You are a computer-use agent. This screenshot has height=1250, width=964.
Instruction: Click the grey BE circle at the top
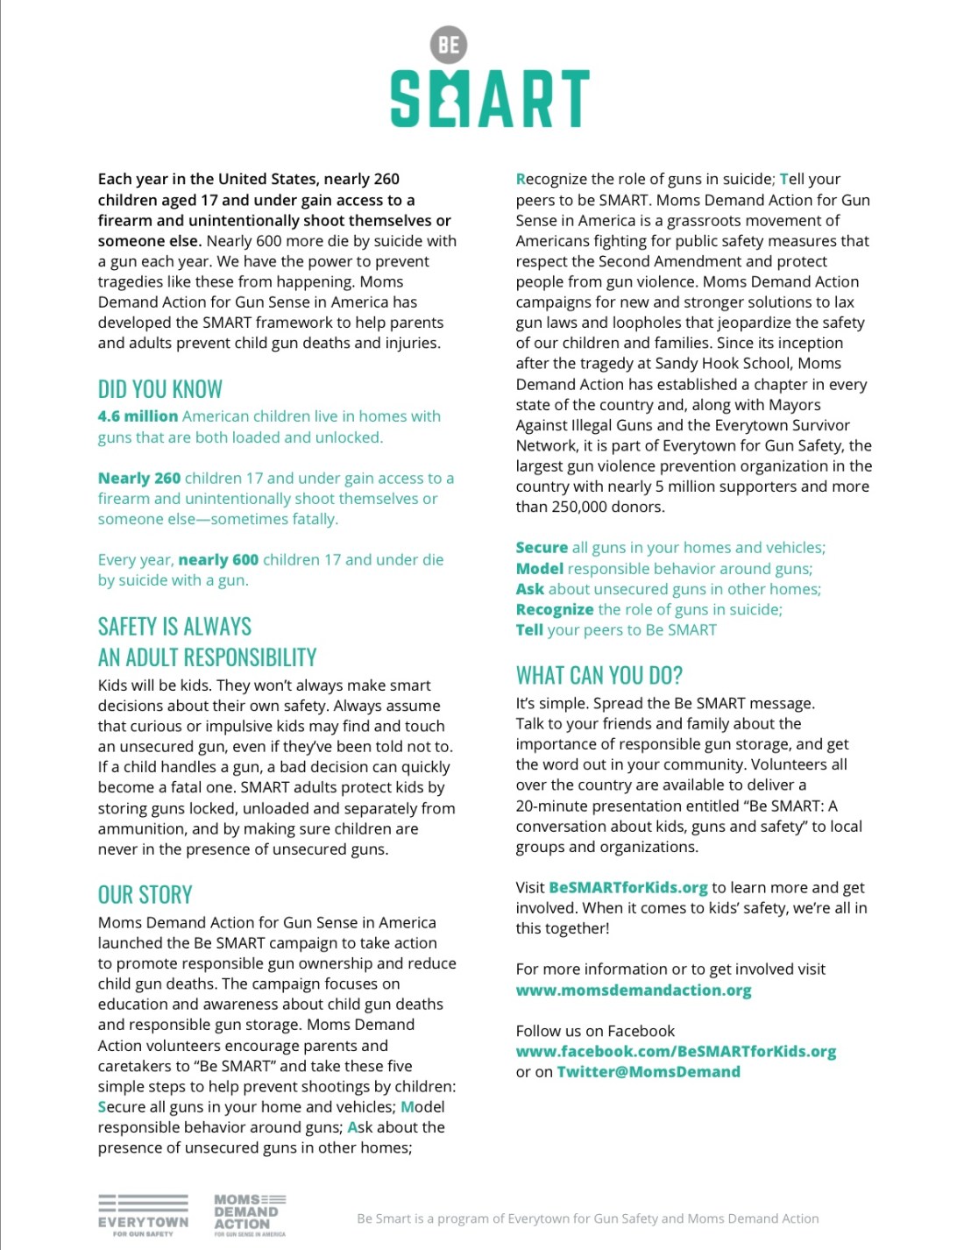(449, 45)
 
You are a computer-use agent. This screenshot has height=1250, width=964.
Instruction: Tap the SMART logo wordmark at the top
(489, 99)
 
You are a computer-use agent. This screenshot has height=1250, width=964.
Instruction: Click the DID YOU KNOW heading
(160, 389)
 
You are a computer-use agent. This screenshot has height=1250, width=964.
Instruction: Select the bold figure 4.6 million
(138, 416)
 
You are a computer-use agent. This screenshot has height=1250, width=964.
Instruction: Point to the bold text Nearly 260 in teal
(139, 479)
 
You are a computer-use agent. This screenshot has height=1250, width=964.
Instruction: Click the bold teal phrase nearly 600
(218, 560)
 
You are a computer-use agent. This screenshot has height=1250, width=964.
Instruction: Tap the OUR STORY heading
(145, 895)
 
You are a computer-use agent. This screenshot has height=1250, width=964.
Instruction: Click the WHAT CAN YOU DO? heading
(599, 676)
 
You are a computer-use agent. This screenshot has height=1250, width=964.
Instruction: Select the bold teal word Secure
(542, 548)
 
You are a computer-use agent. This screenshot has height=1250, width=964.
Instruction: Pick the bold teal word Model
(539, 569)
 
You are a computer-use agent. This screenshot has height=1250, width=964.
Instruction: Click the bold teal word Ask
(529, 589)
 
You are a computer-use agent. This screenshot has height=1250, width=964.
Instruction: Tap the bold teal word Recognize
(555, 609)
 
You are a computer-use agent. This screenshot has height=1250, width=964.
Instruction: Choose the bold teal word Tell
(529, 630)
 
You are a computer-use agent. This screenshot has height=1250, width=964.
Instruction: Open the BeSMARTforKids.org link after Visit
(627, 888)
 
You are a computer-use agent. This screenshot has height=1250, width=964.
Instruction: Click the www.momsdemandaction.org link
(634, 991)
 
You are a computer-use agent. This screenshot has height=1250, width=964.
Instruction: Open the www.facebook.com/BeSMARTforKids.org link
(676, 1052)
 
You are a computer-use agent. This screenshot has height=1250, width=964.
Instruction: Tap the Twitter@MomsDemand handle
(649, 1072)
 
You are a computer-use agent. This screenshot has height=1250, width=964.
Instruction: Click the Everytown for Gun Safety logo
(143, 1214)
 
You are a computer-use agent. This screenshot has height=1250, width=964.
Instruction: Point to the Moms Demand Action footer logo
(250, 1214)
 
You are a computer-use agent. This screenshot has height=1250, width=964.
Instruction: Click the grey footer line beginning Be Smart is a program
(587, 1218)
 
